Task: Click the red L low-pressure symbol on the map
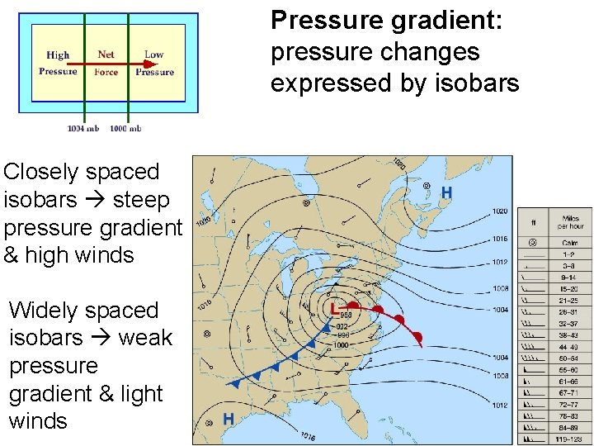[x=333, y=309]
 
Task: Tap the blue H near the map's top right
[x=446, y=193]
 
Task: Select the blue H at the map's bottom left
[x=229, y=420]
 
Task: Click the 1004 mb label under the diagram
[x=83, y=128]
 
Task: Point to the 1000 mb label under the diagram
[x=125, y=128]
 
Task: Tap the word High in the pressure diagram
[x=58, y=55]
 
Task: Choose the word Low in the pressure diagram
[x=154, y=55]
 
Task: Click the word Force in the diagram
[x=106, y=72]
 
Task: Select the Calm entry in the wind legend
[x=570, y=243]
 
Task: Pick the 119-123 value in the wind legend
[x=570, y=439]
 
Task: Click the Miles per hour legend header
[x=570, y=222]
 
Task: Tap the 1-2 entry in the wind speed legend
[x=570, y=255]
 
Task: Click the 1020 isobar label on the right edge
[x=501, y=211]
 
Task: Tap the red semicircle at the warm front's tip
[x=418, y=336]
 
